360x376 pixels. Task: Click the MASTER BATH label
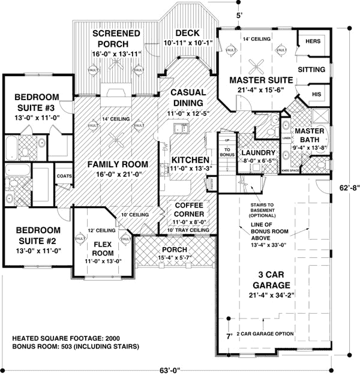(x=310, y=136)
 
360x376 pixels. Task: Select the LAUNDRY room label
(x=259, y=153)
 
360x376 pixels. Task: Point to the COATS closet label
(x=64, y=176)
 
